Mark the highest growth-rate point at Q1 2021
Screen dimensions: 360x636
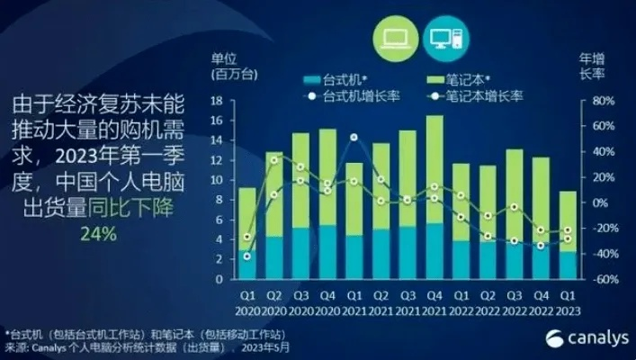(x=355, y=138)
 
